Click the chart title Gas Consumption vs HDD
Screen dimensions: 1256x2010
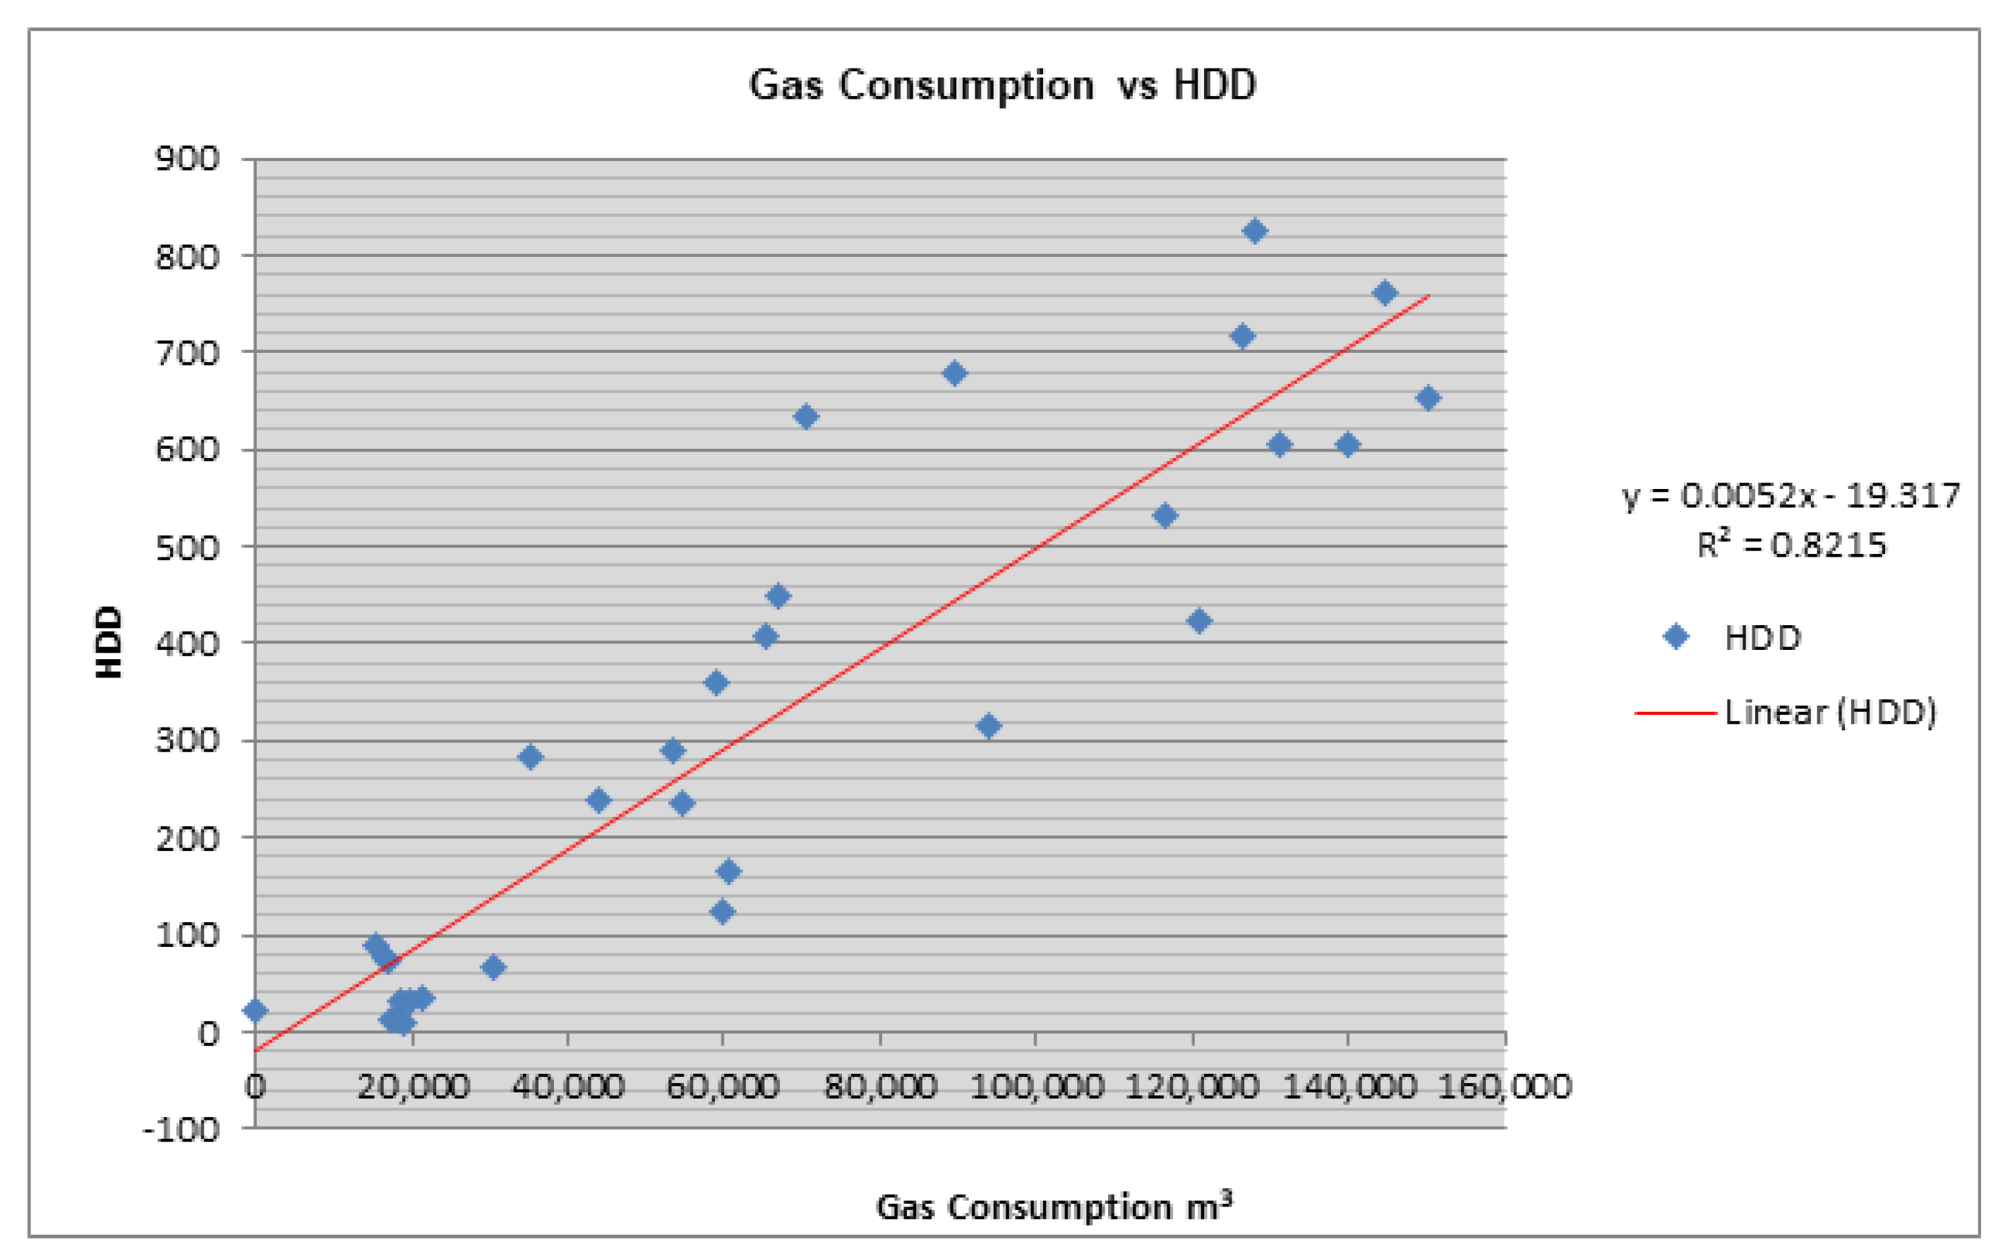pyautogui.click(x=1002, y=85)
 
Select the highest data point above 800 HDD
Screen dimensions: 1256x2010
pyautogui.click(x=1254, y=231)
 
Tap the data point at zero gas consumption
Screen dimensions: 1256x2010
pyautogui.click(x=255, y=1010)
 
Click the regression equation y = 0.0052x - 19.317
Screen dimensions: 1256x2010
pyautogui.click(x=1791, y=496)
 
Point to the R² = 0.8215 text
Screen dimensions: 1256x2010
pyautogui.click(x=1791, y=545)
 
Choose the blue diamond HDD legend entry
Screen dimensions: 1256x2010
pyautogui.click(x=1733, y=638)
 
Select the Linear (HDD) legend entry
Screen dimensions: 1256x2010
pyautogui.click(x=1786, y=712)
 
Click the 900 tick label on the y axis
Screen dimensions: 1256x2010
pyautogui.click(x=188, y=158)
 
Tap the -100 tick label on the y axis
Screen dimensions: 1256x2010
pyautogui.click(x=181, y=1129)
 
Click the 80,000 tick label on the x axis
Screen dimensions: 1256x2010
pyautogui.click(x=879, y=1087)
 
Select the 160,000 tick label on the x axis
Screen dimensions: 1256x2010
pyautogui.click(x=1505, y=1087)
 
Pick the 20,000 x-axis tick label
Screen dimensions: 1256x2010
pyautogui.click(x=413, y=1087)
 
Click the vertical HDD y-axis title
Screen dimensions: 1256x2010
pyautogui.click(x=109, y=641)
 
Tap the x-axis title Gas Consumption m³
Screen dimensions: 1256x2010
pyautogui.click(x=1053, y=1206)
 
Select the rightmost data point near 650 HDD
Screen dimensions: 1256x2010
pyautogui.click(x=1428, y=398)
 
